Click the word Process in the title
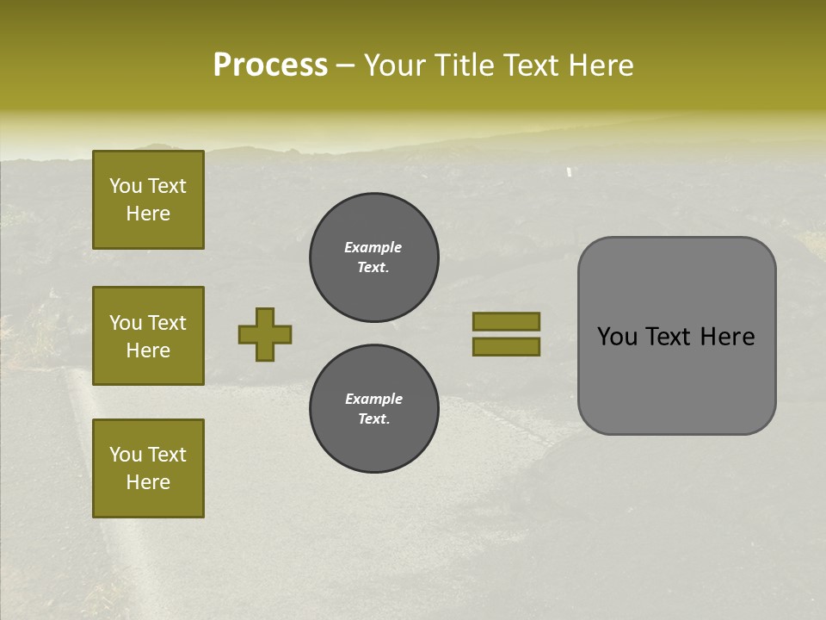(x=270, y=65)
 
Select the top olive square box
(x=148, y=200)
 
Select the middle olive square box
(x=148, y=336)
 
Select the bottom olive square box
(x=148, y=468)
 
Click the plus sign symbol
(x=265, y=334)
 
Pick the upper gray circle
(x=374, y=257)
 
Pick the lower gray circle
(x=374, y=409)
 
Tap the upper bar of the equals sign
(x=506, y=321)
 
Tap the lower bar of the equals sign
(x=506, y=347)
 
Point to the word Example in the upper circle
(x=373, y=247)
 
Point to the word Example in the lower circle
(x=373, y=399)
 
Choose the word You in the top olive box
(x=125, y=186)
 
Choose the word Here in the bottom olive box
(x=148, y=482)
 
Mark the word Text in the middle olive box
(x=167, y=323)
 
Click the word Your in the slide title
(x=396, y=65)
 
